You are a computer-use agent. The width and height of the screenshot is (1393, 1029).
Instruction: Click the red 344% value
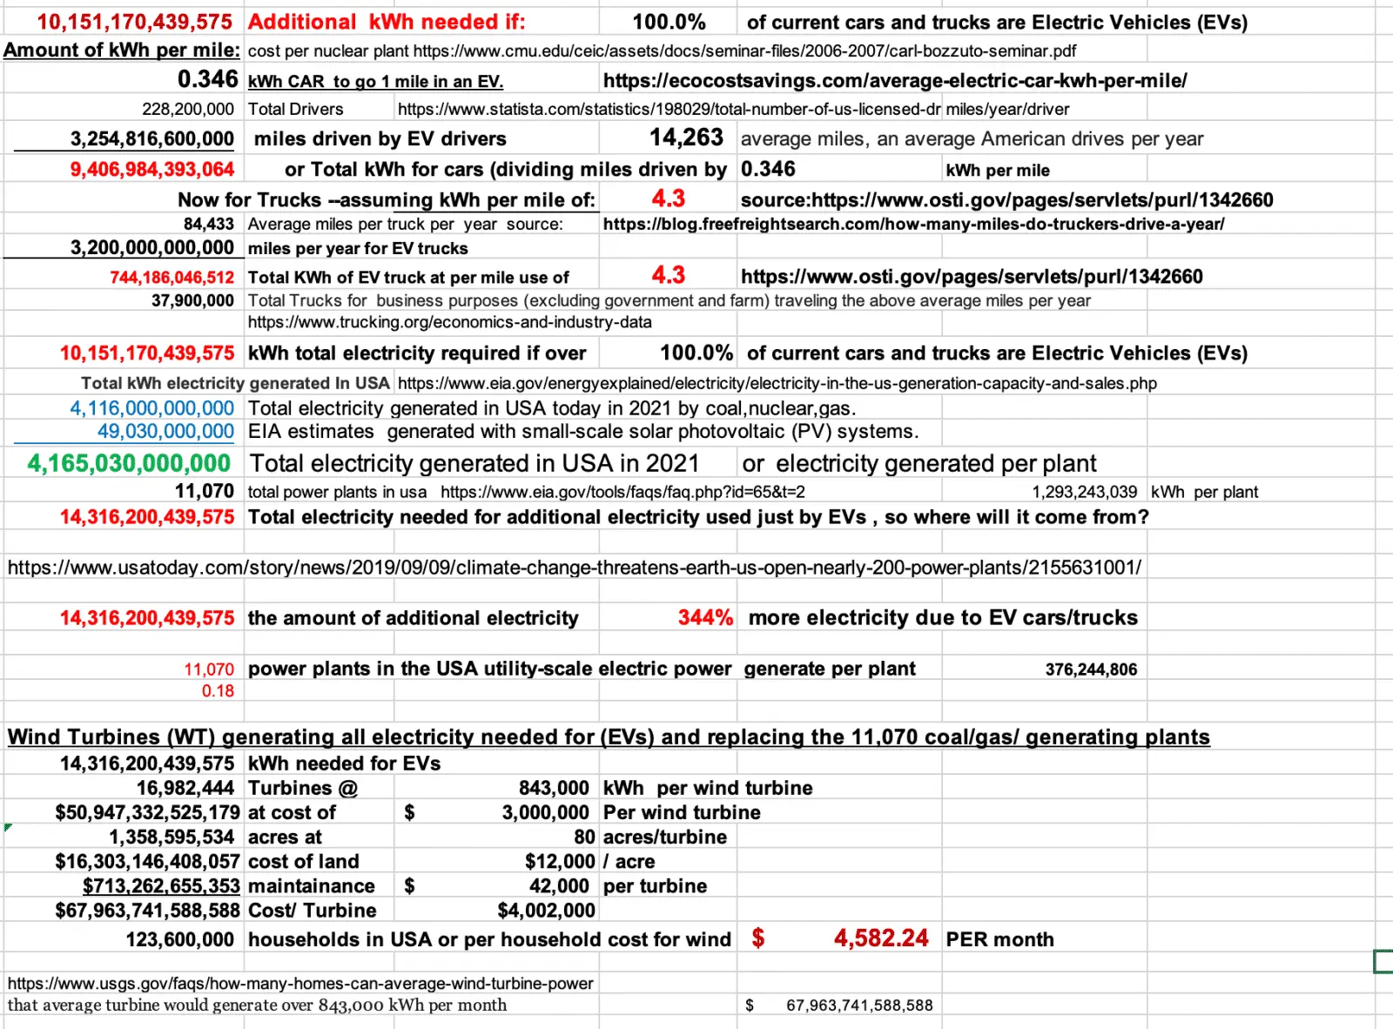click(x=705, y=617)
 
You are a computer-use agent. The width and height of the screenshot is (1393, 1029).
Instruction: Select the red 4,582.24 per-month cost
click(x=880, y=938)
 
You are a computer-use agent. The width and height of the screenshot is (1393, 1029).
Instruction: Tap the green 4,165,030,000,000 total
click(x=129, y=463)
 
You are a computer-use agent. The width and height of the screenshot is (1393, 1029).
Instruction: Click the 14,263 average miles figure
click(x=686, y=138)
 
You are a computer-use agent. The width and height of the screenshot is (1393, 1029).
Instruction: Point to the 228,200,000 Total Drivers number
click(x=188, y=109)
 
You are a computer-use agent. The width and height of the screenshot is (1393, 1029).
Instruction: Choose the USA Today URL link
click(x=575, y=568)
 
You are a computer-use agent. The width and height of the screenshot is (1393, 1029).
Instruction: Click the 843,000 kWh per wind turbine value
click(x=554, y=788)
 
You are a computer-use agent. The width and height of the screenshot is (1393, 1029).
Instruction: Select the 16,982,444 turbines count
click(x=185, y=788)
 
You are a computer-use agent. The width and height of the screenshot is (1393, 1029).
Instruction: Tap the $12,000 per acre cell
click(x=560, y=861)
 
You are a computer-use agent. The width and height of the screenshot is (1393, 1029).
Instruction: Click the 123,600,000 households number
click(x=180, y=939)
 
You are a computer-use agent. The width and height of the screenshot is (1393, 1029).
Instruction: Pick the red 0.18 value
click(x=218, y=690)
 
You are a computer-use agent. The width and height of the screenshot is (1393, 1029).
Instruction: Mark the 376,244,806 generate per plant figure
click(x=1091, y=669)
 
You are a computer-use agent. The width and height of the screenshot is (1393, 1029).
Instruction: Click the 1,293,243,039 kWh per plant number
click(x=1084, y=492)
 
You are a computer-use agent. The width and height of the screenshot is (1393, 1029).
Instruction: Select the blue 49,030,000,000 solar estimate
click(x=165, y=432)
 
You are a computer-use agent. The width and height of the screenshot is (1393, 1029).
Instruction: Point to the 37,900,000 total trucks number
click(x=192, y=300)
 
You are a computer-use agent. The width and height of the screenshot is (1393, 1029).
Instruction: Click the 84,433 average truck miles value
click(x=208, y=224)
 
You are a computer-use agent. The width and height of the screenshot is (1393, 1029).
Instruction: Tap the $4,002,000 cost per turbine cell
click(x=546, y=911)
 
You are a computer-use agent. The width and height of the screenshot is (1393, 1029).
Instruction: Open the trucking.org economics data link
click(x=449, y=322)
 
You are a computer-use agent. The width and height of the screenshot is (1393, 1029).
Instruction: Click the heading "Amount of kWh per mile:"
click(x=122, y=50)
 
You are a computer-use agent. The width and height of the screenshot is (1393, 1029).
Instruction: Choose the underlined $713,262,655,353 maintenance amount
click(x=161, y=886)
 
